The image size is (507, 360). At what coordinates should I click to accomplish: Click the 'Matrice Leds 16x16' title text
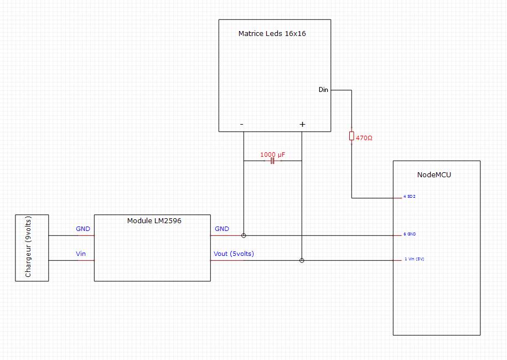tap(272, 33)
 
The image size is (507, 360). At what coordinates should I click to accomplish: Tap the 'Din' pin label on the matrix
tap(323, 90)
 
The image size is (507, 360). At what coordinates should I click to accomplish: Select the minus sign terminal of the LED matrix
tap(242, 125)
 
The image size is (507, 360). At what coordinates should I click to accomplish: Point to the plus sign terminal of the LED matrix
tap(302, 125)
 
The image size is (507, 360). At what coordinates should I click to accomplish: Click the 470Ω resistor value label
tap(364, 137)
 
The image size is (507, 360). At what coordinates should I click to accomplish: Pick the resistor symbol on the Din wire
tap(351, 136)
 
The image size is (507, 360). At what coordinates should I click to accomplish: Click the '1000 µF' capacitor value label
tap(272, 155)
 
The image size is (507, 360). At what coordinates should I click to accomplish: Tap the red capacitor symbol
tap(272, 161)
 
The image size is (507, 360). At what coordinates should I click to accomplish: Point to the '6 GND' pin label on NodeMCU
tap(410, 234)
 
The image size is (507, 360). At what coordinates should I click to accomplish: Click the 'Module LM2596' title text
tap(154, 220)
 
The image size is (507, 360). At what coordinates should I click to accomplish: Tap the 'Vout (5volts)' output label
tap(234, 254)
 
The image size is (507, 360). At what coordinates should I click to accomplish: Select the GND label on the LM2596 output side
tap(221, 229)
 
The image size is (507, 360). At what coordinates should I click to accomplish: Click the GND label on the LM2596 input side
tap(83, 229)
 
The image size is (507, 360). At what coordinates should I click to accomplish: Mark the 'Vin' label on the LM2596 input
tap(81, 254)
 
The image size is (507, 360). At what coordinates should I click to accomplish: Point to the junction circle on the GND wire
tap(244, 235)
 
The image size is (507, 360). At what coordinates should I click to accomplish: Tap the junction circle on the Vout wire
tap(302, 260)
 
